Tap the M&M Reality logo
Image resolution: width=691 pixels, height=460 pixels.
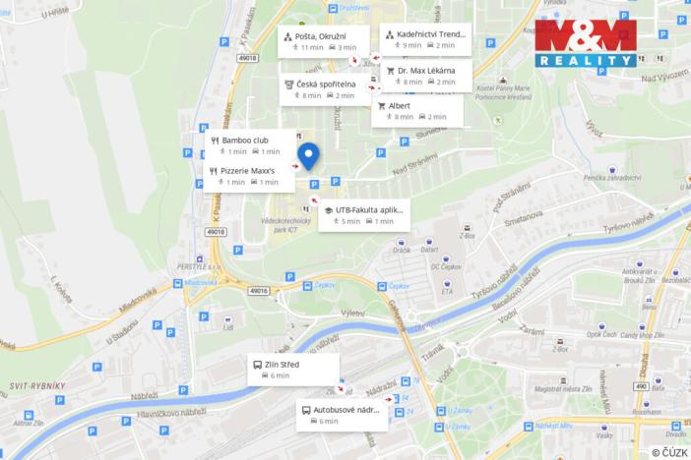pos(587,43)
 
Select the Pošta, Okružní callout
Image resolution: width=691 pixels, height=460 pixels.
pos(323,41)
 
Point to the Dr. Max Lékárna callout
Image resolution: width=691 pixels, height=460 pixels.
pos(421,76)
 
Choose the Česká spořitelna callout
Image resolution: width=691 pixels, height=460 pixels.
pos(324,89)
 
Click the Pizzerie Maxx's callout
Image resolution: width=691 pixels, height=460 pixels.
pos(249,175)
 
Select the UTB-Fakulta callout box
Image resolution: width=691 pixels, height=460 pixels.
pos(362,215)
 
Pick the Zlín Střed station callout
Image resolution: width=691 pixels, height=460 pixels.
pos(292,370)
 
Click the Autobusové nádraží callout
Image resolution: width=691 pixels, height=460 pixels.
pos(342,414)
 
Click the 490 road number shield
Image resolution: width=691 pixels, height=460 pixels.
pos(641,387)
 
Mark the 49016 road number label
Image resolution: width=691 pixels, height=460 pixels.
pos(258,292)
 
